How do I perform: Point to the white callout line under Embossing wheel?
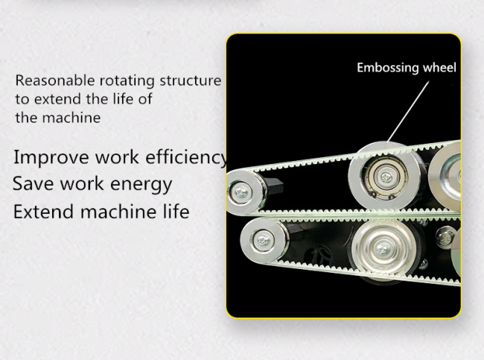click(x=408, y=112)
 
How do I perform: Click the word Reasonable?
click(x=55, y=80)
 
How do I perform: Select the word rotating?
click(x=127, y=81)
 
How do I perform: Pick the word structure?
click(x=191, y=80)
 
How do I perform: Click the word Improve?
click(x=51, y=157)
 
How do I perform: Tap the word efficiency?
click(x=187, y=157)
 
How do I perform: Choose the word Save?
click(x=34, y=183)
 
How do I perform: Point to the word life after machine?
click(x=175, y=212)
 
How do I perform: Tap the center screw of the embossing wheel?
click(x=385, y=177)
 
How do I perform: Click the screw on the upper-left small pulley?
click(x=241, y=193)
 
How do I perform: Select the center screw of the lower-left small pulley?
click(x=263, y=240)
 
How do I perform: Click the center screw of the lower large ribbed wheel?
click(x=383, y=248)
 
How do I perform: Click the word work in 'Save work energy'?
click(x=82, y=183)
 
